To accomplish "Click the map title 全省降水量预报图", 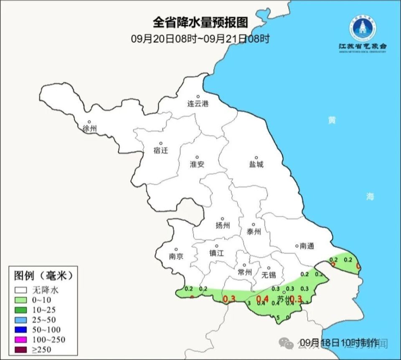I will (x=200, y=21).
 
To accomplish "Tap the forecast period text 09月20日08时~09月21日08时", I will (x=200, y=39).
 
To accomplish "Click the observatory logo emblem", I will (x=362, y=28).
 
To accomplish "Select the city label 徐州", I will (x=89, y=128).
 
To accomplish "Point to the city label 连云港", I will (x=198, y=104).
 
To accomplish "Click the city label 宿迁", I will (x=160, y=151).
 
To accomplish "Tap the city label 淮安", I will (x=197, y=164).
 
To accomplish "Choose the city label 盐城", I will (x=256, y=164).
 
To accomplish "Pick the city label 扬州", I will (x=223, y=226).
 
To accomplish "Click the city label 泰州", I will (x=254, y=232).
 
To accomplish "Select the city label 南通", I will (x=307, y=246).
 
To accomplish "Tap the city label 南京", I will (x=176, y=256).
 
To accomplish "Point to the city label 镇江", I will (x=217, y=253).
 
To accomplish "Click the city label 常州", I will (x=244, y=272).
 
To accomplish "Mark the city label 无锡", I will (x=269, y=275).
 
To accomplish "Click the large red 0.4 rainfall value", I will (x=262, y=299).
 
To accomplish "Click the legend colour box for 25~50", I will (x=20, y=319).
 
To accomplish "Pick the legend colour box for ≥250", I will (x=20, y=350).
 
